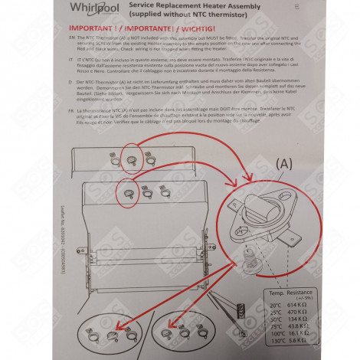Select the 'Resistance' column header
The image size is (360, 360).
[x=306, y=292]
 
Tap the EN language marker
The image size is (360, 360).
[x=71, y=37]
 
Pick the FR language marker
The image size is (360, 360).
[x=70, y=110]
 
